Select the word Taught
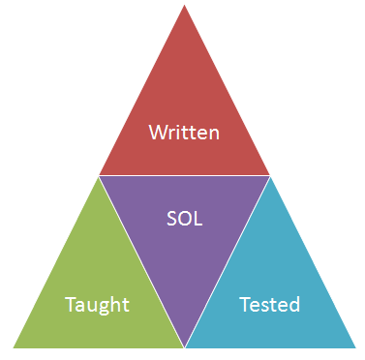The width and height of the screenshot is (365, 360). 97,306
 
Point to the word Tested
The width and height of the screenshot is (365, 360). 269,305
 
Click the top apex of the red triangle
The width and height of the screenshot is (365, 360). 184,6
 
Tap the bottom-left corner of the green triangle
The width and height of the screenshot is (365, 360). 13,346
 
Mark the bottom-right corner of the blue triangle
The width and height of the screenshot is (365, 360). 354,346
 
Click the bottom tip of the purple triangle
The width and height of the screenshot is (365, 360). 184,345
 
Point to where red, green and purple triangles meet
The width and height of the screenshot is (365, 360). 99,176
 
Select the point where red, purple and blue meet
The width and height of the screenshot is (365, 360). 269,176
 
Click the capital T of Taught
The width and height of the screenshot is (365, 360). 70,305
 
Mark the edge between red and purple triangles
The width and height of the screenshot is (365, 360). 184,176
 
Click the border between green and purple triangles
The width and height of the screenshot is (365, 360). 141,261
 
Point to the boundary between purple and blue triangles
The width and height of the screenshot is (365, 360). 227,261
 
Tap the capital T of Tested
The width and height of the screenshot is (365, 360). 244,305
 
